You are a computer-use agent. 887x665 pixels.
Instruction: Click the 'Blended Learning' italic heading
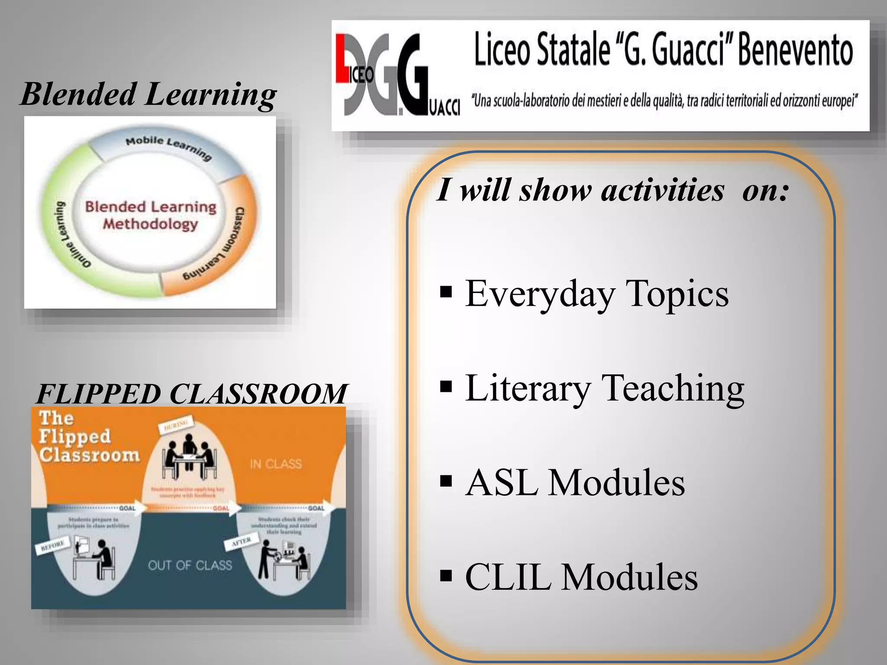[148, 94]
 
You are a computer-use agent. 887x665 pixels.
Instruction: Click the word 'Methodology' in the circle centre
[150, 224]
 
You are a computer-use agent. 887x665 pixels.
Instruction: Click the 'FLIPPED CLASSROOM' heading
[191, 394]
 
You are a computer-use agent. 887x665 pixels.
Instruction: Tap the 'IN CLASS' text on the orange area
[276, 464]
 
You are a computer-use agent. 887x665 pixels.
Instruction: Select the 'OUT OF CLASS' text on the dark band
[190, 565]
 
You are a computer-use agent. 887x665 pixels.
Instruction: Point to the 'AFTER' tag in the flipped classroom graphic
[241, 542]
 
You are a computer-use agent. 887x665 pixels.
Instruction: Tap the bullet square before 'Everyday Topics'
[446, 293]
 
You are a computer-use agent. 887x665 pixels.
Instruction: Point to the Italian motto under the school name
[664, 101]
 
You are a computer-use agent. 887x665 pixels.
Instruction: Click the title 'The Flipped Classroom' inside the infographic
[89, 436]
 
